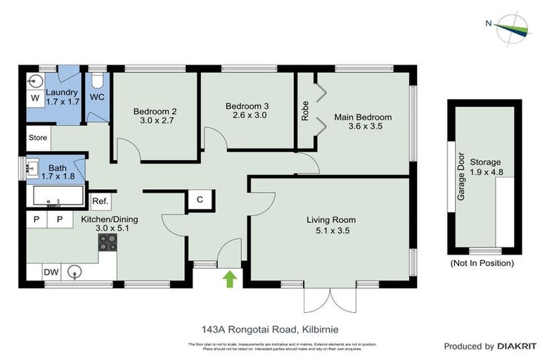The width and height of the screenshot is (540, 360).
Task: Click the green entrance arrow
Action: [x=229, y=280]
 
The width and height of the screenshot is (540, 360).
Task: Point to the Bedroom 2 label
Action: [x=155, y=116]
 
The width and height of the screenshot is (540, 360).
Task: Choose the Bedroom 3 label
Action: [x=246, y=111]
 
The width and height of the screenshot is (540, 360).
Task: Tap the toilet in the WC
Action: [x=97, y=79]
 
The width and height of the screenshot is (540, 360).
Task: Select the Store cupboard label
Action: [x=38, y=138]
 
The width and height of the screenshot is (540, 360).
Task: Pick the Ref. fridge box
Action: [x=100, y=202]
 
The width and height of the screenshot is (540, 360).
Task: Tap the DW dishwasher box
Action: [x=51, y=271]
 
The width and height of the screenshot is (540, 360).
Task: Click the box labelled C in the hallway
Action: [x=200, y=200]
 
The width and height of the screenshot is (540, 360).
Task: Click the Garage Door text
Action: [x=462, y=176]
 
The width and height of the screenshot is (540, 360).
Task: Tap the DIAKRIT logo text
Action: [x=517, y=346]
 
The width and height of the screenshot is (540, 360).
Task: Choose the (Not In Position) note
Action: [x=482, y=263]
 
